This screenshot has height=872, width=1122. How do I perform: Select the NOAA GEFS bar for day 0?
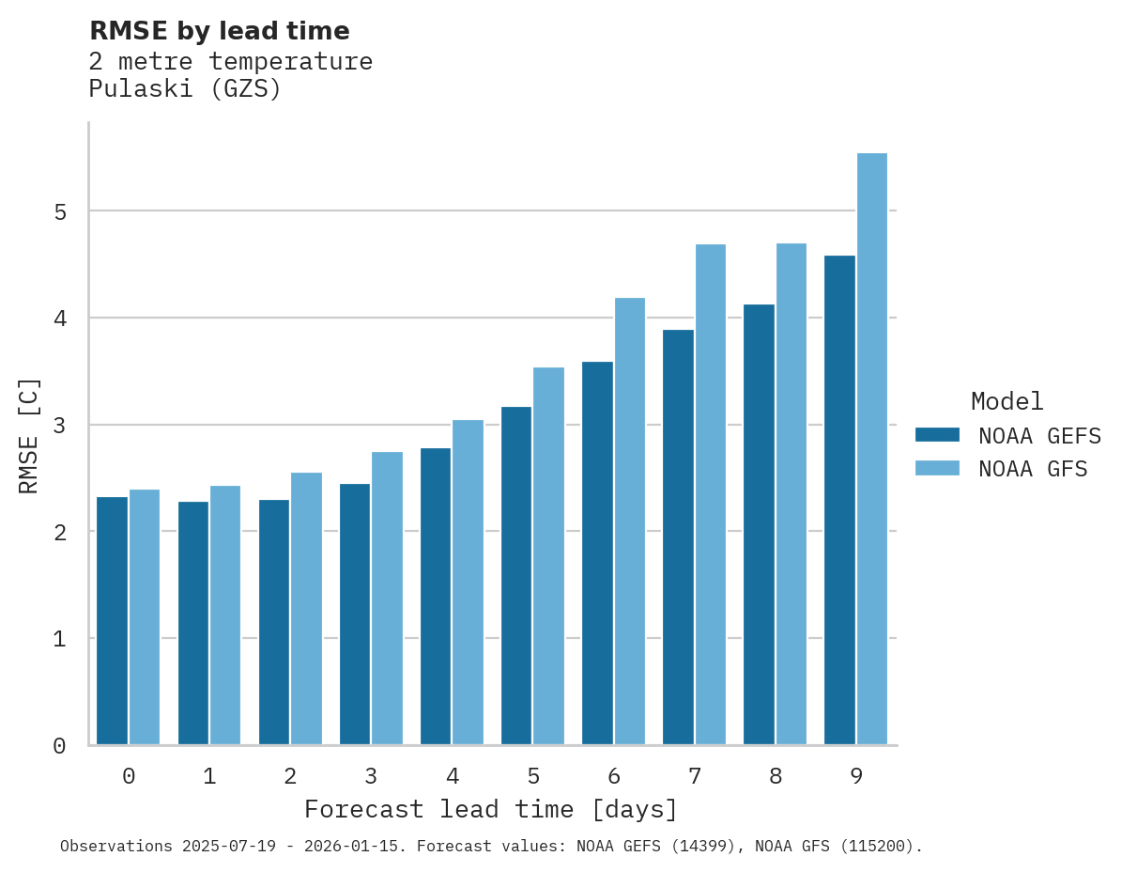click(x=113, y=620)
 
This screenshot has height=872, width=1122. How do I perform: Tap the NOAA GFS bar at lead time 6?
click(x=630, y=522)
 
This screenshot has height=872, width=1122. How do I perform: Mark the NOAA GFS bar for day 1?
click(x=225, y=615)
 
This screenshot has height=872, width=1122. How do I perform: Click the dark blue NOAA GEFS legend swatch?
click(x=937, y=435)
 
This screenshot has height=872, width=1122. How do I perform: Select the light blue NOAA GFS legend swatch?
click(x=937, y=468)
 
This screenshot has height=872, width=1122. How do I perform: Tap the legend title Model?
click(x=1007, y=401)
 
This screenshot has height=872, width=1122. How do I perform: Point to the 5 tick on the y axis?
click(x=60, y=211)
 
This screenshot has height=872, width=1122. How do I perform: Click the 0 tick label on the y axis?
click(x=60, y=746)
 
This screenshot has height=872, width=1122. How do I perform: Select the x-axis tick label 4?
click(x=453, y=776)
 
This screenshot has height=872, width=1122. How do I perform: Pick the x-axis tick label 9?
click(x=856, y=776)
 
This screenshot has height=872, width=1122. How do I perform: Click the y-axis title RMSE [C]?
click(x=29, y=435)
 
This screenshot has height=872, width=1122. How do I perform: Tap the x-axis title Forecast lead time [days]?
click(x=490, y=809)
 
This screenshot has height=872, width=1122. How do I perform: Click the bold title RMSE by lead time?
click(x=219, y=31)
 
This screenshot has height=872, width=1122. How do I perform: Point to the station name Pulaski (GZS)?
click(x=185, y=89)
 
